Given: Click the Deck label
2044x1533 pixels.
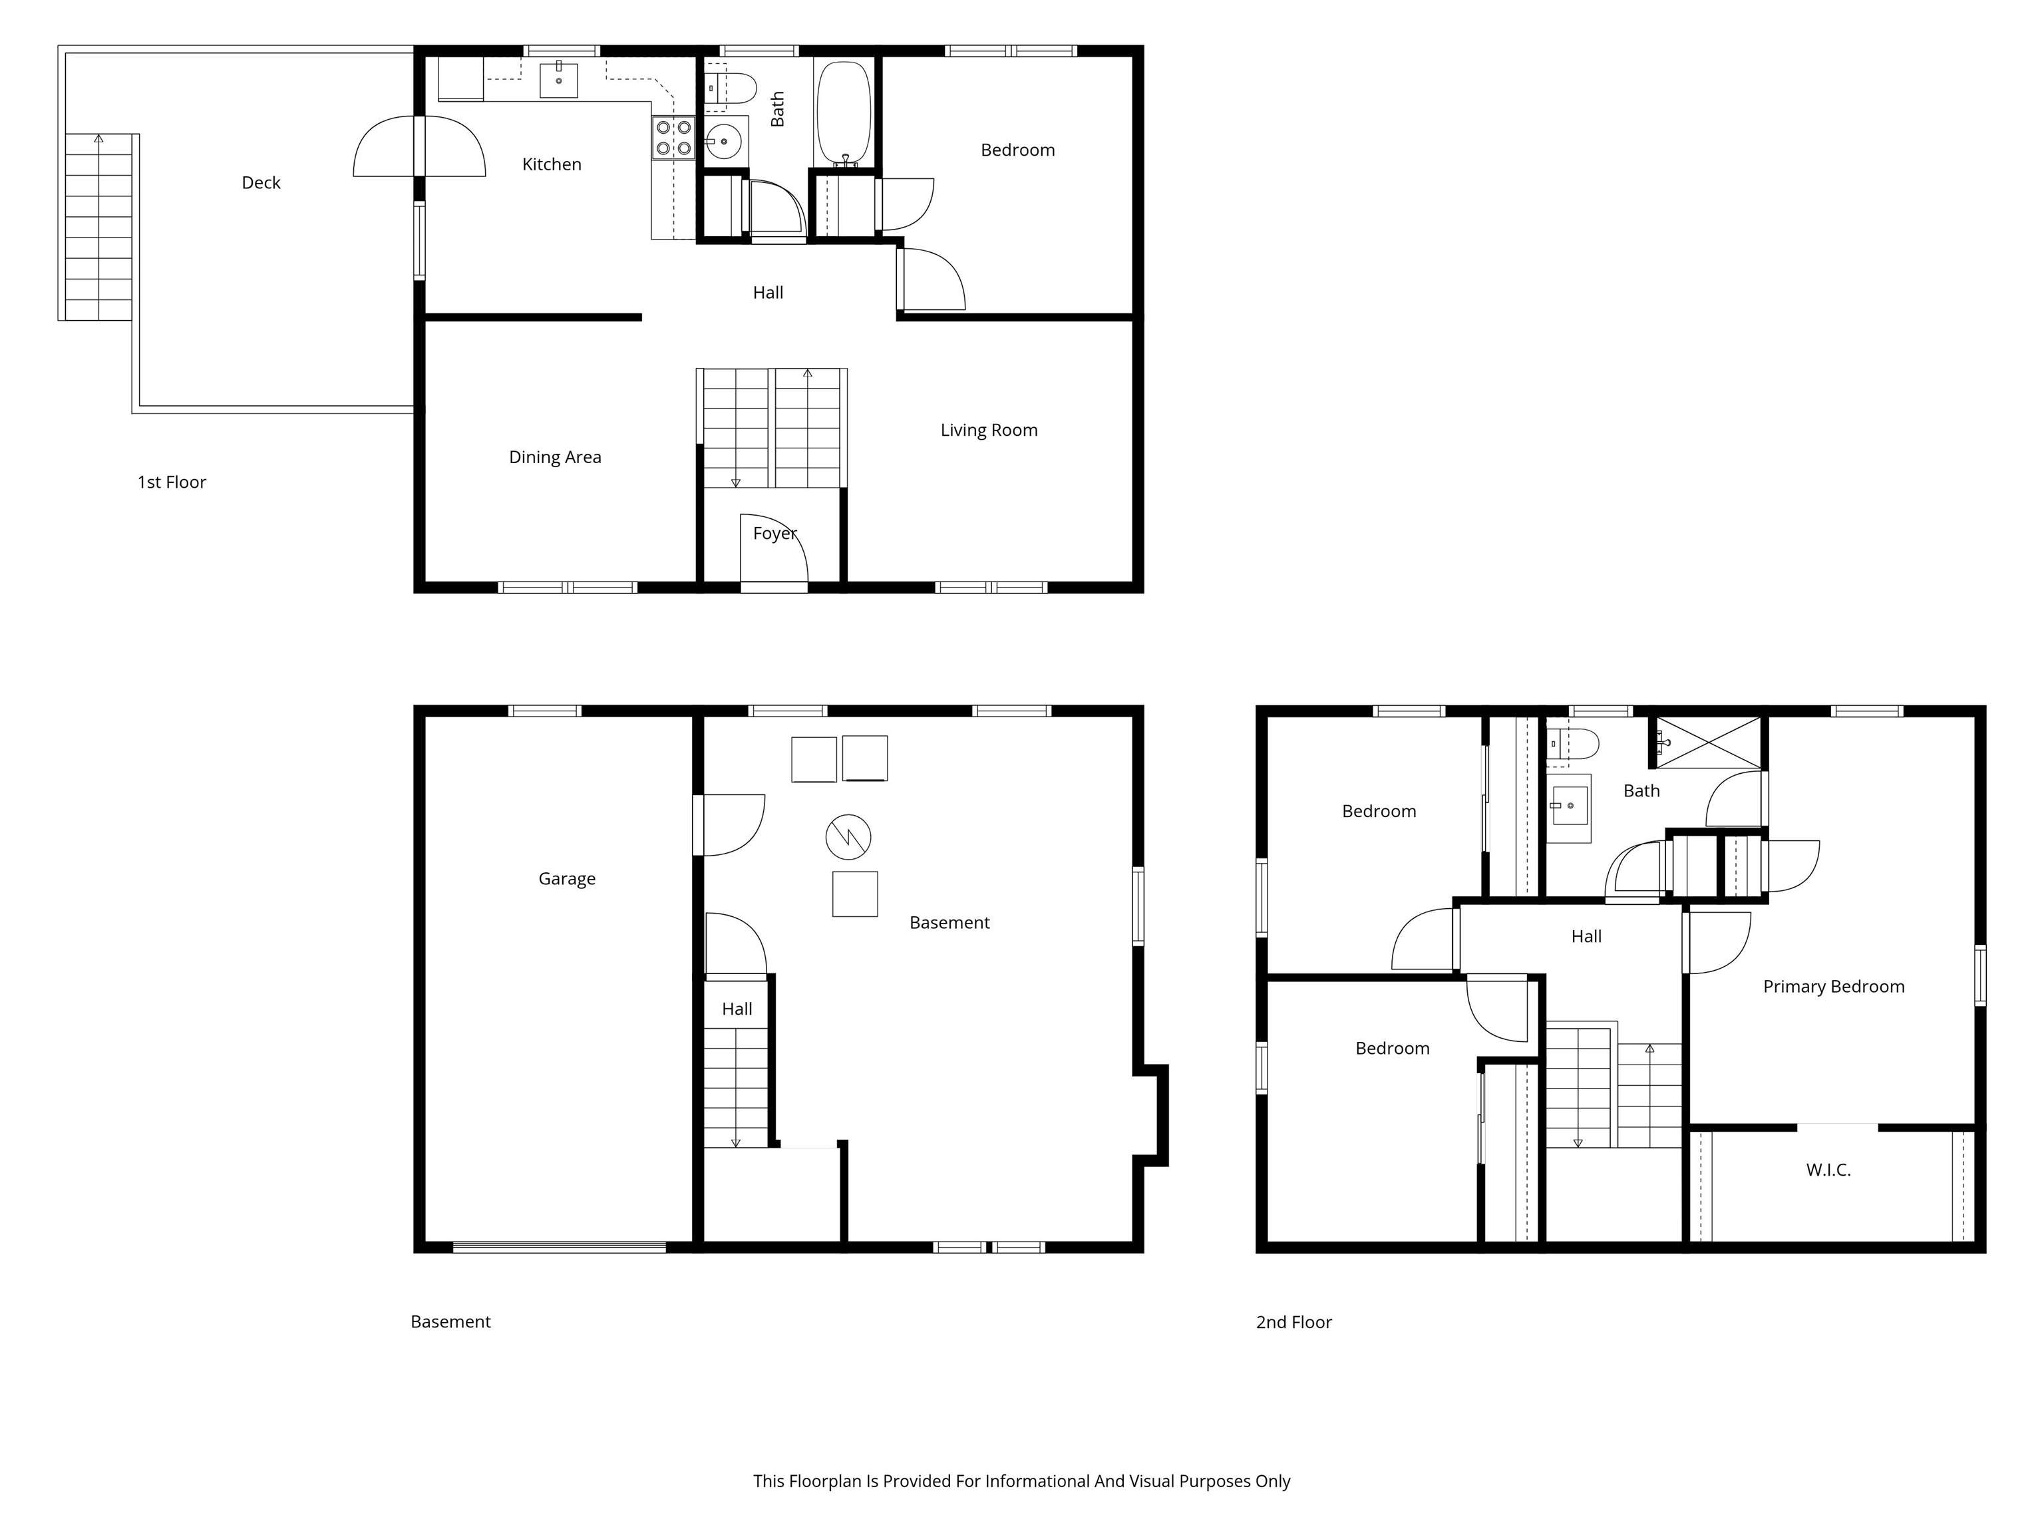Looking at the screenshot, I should (x=261, y=183).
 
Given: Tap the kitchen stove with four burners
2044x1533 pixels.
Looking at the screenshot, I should (x=673, y=138).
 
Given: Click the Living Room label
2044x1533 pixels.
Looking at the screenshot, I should (x=989, y=430).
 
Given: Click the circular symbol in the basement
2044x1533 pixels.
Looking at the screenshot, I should (x=848, y=837).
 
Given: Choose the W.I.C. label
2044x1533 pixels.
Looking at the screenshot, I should (x=1828, y=1170).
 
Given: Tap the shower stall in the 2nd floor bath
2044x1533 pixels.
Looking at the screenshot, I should (x=1707, y=742).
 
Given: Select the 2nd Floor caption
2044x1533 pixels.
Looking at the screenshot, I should (x=1293, y=1322).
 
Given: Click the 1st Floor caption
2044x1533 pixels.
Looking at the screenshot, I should (x=172, y=482).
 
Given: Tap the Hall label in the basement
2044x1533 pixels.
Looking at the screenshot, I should (x=737, y=1009).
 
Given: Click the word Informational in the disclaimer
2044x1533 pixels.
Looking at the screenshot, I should (x=1037, y=1481).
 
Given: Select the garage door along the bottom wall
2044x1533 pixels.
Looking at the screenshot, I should (x=559, y=1248).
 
